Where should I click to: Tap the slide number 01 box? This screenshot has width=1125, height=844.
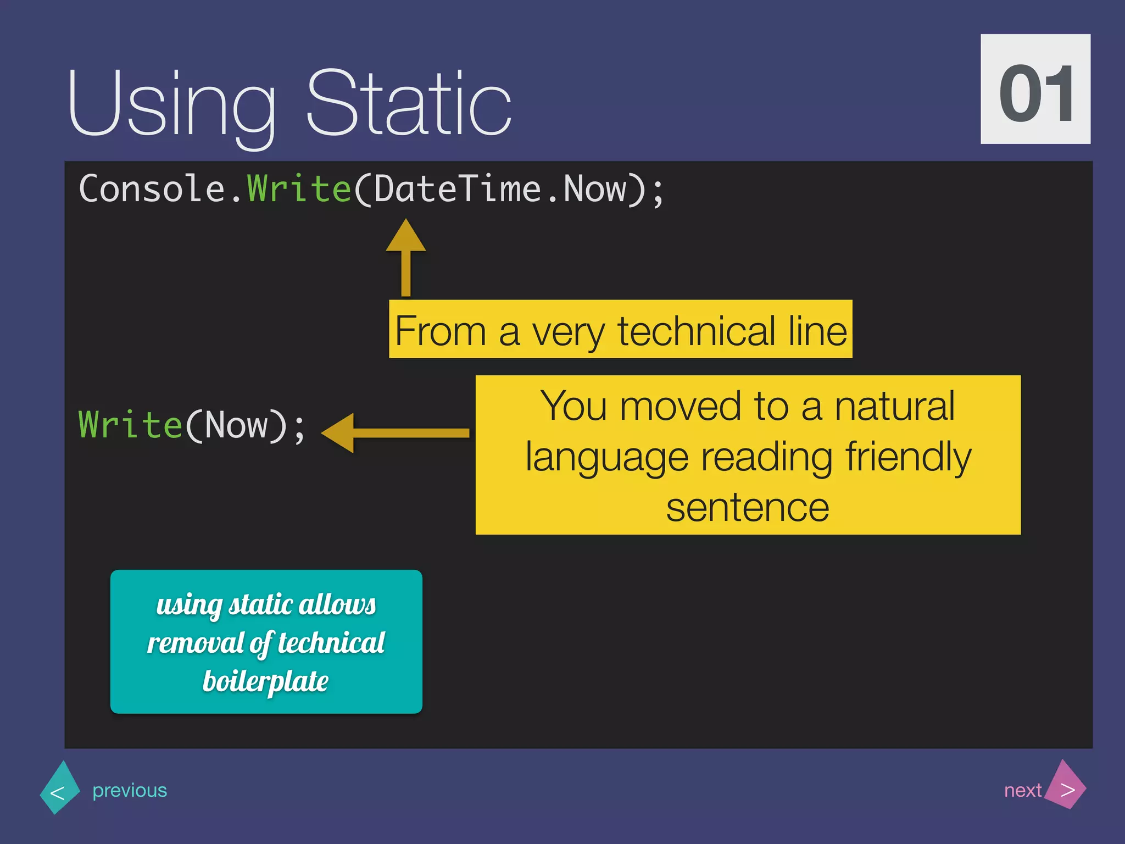tap(1035, 90)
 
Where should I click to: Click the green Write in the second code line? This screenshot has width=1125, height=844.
tap(130, 426)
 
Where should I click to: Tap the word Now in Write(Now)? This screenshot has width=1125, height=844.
tap(237, 426)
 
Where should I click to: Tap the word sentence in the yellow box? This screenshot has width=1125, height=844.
tap(747, 508)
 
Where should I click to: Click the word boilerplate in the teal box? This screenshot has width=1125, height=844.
tap(265, 682)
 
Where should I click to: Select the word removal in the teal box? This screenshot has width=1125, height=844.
tap(195, 643)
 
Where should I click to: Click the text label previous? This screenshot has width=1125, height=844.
tap(130, 790)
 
